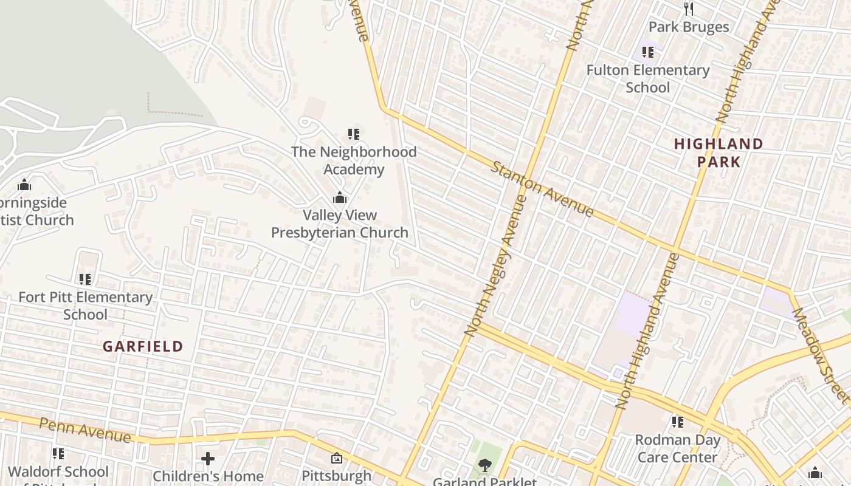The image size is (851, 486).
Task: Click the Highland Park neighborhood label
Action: [718, 152]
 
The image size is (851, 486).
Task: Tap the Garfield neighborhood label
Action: [143, 346]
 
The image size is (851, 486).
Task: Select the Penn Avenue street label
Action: [84, 430]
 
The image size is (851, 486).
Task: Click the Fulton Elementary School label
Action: [647, 78]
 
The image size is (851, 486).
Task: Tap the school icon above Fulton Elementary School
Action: [648, 52]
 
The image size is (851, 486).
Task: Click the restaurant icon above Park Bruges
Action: [688, 9]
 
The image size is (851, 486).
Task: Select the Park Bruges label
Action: [688, 27]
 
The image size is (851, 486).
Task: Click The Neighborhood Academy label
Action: [354, 160]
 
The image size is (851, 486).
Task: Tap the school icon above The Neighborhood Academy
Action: [354, 134]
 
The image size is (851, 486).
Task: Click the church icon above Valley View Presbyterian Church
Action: [340, 197]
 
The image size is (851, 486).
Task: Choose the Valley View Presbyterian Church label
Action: [340, 224]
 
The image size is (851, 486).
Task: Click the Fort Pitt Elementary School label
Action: [85, 306]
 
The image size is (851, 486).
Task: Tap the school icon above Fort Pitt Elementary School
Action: [85, 279]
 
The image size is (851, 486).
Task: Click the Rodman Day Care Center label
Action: [677, 448]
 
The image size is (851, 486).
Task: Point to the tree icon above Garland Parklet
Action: [484, 465]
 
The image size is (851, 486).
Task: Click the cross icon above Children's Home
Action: [208, 458]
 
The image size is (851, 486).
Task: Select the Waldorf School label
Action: [58, 471]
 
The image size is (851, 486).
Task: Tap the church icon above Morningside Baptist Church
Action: [24, 185]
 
